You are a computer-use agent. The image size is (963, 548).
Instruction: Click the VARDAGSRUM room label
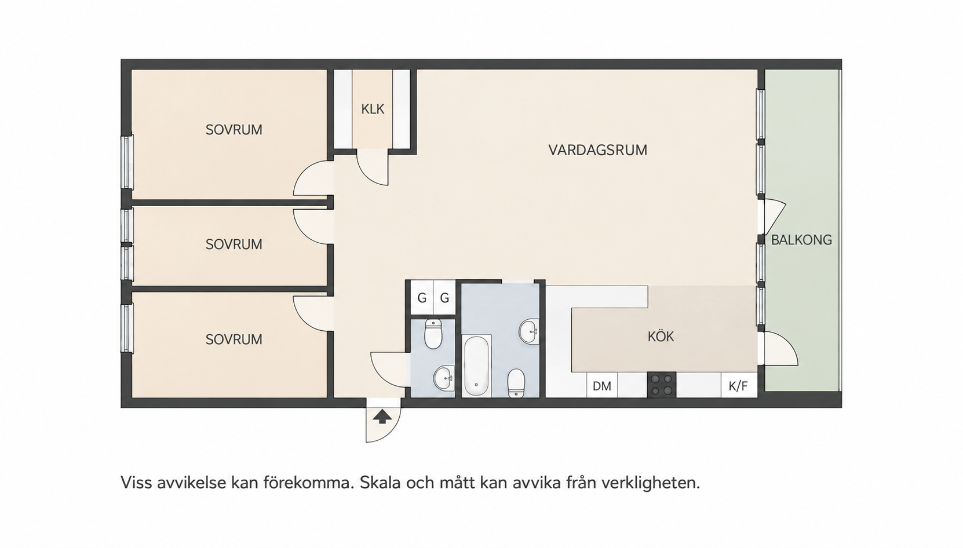(597, 150)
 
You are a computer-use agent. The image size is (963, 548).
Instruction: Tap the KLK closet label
(373, 109)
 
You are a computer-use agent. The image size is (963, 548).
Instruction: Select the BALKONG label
(801, 240)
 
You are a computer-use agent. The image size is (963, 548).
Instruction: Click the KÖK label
(661, 336)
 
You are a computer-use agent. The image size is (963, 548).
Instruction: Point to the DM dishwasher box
(602, 386)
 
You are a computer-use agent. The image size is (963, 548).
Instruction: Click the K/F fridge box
(739, 386)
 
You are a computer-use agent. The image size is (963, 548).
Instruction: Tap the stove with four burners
(661, 385)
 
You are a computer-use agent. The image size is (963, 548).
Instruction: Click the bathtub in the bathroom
(476, 366)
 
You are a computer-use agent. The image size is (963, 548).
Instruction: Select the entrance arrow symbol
(382, 417)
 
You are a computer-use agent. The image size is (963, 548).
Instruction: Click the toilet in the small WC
(433, 334)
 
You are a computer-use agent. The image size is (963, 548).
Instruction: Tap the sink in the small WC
(444, 378)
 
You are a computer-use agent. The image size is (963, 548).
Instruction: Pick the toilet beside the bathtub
(516, 383)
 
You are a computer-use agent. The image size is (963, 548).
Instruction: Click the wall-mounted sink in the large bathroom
(529, 331)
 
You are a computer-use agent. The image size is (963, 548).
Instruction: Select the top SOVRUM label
(234, 130)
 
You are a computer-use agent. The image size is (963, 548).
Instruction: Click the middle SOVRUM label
(234, 244)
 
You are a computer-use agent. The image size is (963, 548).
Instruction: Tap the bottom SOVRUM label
(234, 339)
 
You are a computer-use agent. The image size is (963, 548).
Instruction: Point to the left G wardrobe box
(422, 297)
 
